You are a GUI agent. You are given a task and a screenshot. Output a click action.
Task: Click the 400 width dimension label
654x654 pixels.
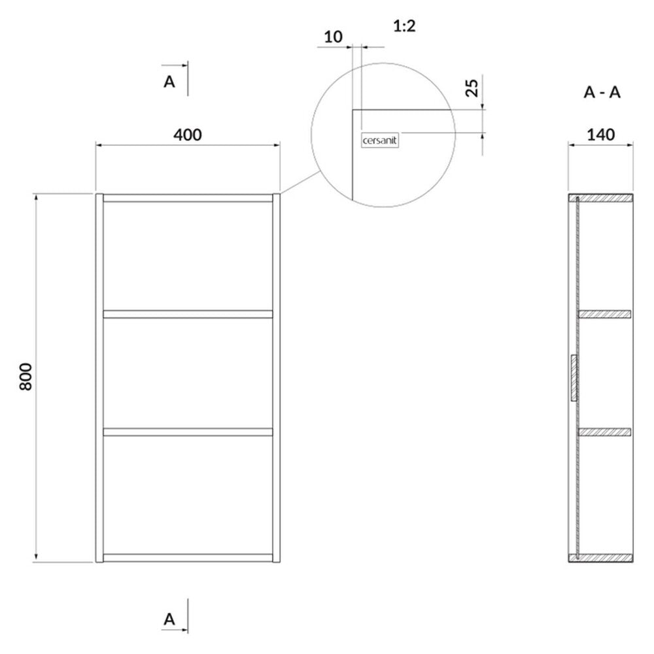click(187, 135)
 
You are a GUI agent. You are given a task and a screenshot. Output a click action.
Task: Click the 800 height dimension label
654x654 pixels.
click(26, 377)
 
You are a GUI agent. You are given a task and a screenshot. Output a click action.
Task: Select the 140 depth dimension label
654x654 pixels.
click(600, 135)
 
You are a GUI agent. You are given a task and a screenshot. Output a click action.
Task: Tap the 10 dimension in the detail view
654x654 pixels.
click(334, 37)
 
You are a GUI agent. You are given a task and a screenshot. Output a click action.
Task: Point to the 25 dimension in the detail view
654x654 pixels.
click(472, 88)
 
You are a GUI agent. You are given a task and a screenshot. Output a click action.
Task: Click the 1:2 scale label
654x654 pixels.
click(405, 26)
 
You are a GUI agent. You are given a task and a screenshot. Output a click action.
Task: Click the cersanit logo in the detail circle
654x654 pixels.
click(379, 141)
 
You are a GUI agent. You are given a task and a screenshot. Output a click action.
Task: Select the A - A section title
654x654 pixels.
click(602, 92)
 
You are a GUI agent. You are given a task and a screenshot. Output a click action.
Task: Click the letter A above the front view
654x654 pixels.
click(169, 82)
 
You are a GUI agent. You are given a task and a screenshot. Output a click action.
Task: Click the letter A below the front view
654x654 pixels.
click(169, 619)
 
